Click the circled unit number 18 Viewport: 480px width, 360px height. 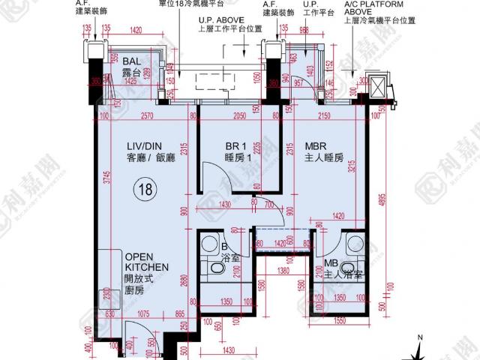click(x=142, y=190)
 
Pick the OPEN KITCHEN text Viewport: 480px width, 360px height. click(x=146, y=261)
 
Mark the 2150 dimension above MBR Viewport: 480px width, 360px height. click(x=323, y=116)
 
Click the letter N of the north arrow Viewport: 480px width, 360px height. click(x=421, y=338)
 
